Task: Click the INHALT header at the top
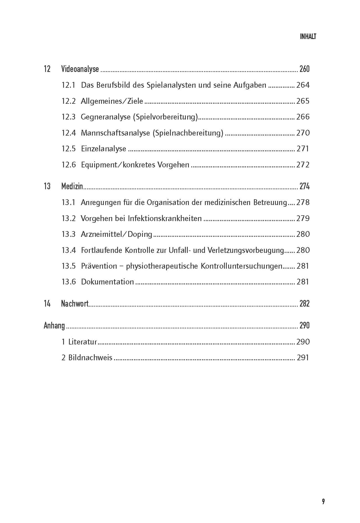point(308,37)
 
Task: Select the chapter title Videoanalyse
point(80,69)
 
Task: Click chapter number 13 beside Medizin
point(47,187)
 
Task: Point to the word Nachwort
point(75,304)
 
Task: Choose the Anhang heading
point(54,325)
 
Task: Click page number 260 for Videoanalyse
point(304,69)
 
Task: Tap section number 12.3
point(68,117)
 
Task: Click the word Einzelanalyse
point(104,149)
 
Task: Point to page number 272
point(303,165)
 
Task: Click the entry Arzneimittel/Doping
point(117,234)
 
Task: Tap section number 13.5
point(68,266)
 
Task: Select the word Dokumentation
point(107,282)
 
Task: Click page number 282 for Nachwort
point(304,304)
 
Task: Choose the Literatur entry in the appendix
point(83,342)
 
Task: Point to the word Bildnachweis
point(90,358)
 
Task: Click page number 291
point(303,358)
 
